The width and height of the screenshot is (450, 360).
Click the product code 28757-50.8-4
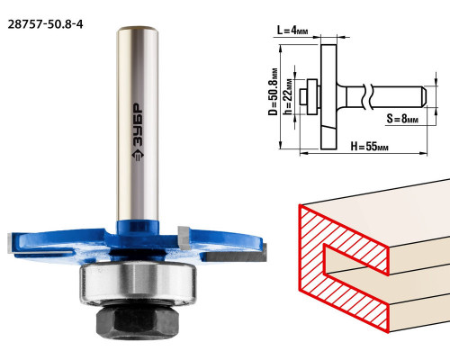(x=45, y=24)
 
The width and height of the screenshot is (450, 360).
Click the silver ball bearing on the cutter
(x=138, y=283)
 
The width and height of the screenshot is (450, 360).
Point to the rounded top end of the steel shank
(x=138, y=31)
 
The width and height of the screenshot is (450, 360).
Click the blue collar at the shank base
(x=138, y=228)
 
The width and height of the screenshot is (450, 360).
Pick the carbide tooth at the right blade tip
(x=236, y=256)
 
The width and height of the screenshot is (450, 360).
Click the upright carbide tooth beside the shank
(x=184, y=238)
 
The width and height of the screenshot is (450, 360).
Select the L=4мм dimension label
(x=292, y=31)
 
